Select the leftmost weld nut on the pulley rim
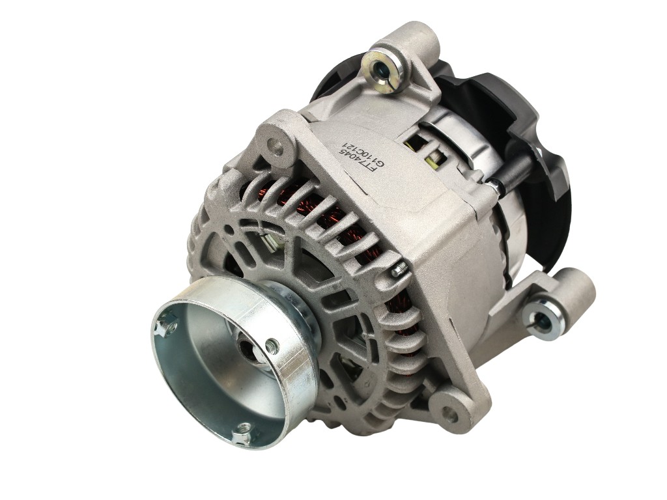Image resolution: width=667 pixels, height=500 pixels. click(x=167, y=324)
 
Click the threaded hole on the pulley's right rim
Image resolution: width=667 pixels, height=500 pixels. click(x=273, y=346)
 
